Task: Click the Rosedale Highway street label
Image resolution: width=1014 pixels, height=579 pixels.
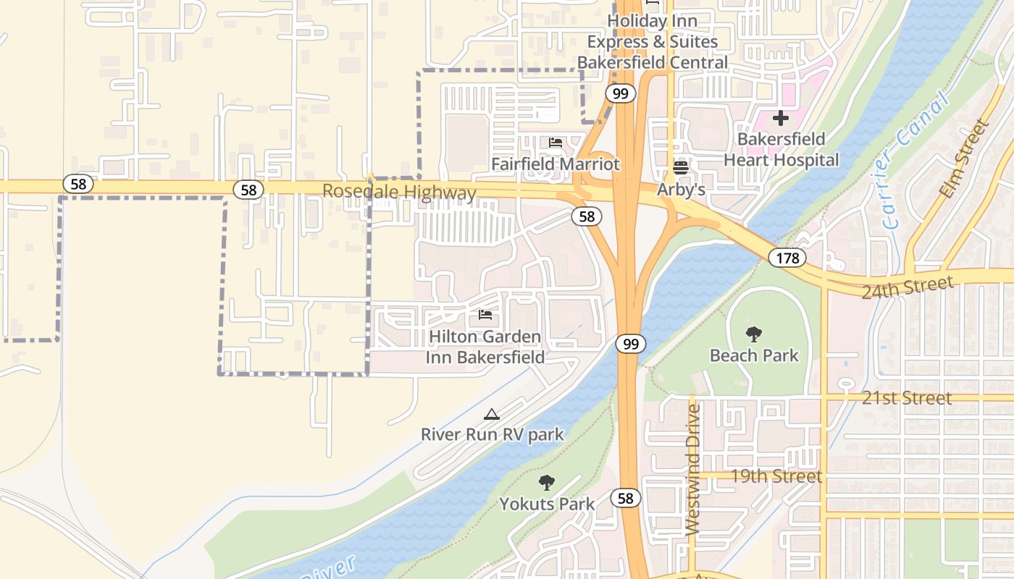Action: point(399,193)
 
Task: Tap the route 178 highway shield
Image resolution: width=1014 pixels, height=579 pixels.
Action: point(787,258)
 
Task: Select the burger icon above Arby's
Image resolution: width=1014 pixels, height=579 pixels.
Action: point(680,168)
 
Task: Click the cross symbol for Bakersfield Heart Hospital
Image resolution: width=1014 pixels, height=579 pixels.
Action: point(780,117)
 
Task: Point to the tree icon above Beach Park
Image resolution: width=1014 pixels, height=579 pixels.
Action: point(753,334)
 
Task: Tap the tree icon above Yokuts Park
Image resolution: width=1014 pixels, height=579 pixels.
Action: point(547,483)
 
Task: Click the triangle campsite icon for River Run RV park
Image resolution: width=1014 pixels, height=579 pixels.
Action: point(492,414)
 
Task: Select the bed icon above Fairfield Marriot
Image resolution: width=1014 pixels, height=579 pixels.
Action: point(556,143)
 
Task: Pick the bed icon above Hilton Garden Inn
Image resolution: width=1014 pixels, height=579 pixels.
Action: point(485,315)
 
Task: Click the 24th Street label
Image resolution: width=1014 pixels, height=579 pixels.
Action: point(907,287)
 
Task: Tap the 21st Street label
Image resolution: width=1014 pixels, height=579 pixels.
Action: point(906,398)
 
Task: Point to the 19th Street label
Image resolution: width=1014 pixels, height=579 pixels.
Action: point(776,476)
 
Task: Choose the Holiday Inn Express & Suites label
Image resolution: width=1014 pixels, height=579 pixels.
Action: point(653,42)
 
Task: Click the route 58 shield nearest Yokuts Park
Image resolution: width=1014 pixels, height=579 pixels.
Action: point(625,497)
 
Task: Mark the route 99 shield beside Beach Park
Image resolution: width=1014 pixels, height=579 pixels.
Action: point(631,344)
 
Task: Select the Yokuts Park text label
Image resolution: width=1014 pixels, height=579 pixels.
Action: point(547,504)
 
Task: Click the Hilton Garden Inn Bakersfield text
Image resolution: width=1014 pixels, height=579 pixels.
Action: point(485,347)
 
